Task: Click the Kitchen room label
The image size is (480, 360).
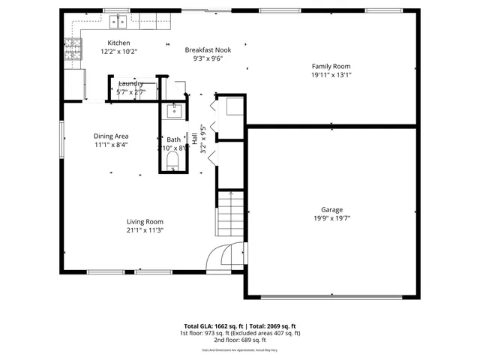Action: (118, 43)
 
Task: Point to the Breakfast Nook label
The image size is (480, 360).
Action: (208, 49)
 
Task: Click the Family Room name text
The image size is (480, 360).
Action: (331, 66)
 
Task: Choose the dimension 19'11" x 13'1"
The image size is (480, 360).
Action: (331, 75)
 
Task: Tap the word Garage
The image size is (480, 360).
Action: (331, 210)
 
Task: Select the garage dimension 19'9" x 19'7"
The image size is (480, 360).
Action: (331, 219)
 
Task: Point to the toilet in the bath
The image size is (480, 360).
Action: (173, 161)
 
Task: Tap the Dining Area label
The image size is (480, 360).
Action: (111, 136)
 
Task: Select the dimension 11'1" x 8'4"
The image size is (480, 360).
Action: (111, 145)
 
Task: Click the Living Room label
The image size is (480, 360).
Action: (145, 221)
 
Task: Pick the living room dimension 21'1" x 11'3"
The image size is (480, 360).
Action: (145, 230)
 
